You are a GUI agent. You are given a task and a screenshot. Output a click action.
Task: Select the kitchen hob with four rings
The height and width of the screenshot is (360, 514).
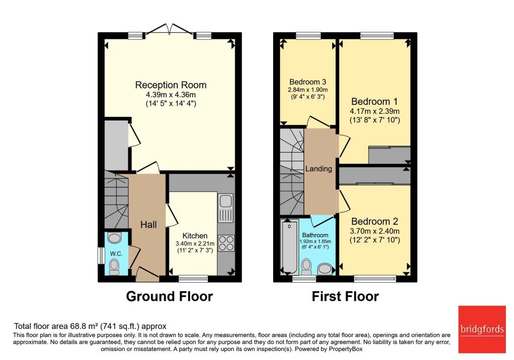click(x=225, y=243)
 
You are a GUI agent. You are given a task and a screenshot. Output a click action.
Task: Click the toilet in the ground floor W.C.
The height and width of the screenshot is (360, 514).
click(x=115, y=265)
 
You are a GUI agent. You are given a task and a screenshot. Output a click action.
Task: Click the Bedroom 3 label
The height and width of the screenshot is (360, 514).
click(x=307, y=82)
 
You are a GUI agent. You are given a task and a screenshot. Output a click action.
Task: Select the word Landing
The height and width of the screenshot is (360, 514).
click(x=319, y=169)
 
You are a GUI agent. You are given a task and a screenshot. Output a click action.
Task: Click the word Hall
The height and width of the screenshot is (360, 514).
click(x=149, y=224)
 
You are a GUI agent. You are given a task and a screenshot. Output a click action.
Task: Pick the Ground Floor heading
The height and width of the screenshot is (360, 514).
click(x=169, y=297)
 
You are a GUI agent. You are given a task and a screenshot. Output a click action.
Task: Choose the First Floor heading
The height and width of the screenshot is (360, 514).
click(x=345, y=297)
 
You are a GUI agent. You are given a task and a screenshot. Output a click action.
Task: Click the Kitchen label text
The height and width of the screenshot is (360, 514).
click(x=195, y=235)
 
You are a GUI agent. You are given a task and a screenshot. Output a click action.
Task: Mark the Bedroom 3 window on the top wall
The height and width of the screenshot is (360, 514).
click(x=304, y=35)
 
